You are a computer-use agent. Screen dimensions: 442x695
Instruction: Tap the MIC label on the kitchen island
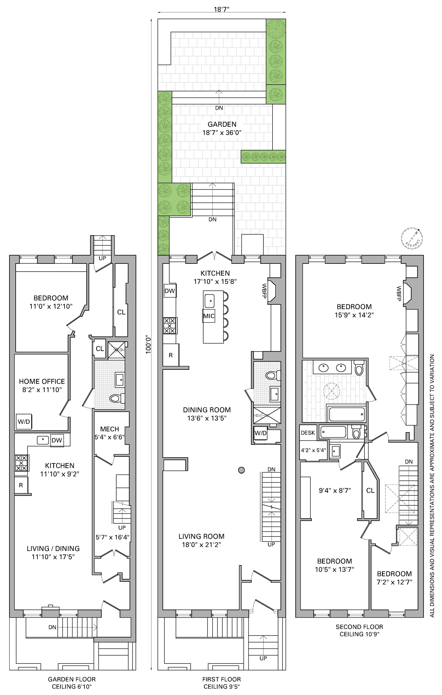tap(209, 316)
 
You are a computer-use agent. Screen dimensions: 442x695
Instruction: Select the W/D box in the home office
tap(24, 422)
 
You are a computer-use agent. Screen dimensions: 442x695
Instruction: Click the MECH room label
tap(110, 429)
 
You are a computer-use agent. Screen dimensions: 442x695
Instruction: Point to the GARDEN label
tap(222, 124)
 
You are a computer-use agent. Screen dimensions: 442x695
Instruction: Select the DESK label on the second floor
tap(308, 433)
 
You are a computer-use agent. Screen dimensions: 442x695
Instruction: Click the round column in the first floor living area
tap(241, 470)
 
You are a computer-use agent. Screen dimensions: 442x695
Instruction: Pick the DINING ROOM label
tap(207, 410)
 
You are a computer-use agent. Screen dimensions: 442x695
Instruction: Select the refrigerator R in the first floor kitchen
tap(171, 355)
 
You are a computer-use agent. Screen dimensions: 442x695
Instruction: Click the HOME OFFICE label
tap(42, 381)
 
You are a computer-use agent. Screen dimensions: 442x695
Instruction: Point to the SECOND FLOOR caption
tap(359, 627)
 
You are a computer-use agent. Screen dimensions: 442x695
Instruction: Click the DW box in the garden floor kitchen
tap(57, 440)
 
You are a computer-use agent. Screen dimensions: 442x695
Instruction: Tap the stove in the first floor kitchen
tap(170, 326)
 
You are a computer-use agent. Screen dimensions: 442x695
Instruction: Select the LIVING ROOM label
tap(201, 536)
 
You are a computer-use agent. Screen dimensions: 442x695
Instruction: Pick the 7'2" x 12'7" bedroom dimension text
tap(394, 582)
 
